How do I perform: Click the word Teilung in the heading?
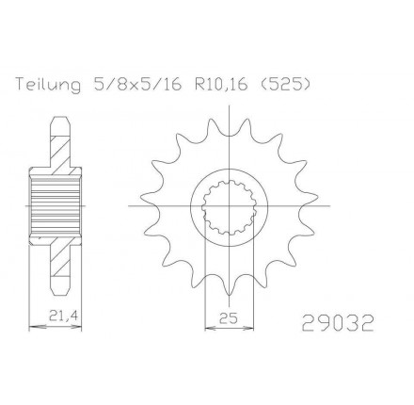tap(48, 86)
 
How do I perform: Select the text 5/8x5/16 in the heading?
tap(136, 85)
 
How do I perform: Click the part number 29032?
tap(338, 323)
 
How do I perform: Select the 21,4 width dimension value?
tap(63, 316)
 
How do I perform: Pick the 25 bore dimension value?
tap(229, 318)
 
